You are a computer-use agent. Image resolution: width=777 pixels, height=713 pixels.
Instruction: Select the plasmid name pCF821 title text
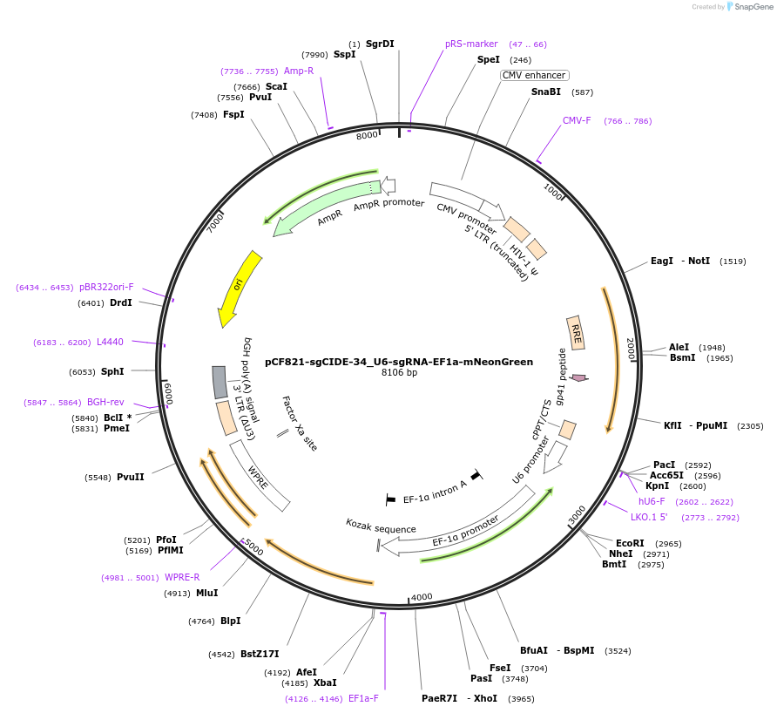399,362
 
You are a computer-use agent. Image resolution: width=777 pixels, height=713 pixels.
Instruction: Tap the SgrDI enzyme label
380,44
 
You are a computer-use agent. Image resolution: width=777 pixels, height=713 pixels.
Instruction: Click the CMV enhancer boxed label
534,76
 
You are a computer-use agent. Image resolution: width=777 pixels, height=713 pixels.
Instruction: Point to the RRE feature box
576,332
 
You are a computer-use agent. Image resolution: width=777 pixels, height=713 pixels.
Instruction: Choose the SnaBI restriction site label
546,92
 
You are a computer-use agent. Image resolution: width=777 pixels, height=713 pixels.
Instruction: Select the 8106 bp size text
399,373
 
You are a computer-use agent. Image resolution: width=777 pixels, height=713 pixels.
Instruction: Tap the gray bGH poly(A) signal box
220,382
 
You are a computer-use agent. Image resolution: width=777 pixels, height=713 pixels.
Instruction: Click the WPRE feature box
260,475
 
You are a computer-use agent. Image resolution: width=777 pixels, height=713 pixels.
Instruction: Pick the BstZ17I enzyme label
260,654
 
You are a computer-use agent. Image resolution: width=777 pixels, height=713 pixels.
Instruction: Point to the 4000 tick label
422,596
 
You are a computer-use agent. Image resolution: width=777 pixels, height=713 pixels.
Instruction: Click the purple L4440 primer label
110,343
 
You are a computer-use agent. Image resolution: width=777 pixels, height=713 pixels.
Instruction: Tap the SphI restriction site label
112,372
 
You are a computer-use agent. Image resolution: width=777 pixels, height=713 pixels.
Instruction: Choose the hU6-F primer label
652,501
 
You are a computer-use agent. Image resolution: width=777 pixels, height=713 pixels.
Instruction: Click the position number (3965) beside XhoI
521,698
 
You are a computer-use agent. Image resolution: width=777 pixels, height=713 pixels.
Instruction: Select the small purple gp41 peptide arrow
578,377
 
